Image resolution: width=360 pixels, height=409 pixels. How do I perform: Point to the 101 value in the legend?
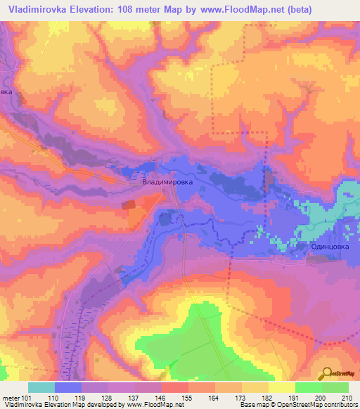click(27, 398)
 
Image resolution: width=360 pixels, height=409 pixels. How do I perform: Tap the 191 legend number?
click(295, 398)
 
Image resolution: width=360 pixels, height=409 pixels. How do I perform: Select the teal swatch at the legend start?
click(41, 387)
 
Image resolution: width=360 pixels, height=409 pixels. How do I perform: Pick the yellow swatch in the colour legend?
click(281, 387)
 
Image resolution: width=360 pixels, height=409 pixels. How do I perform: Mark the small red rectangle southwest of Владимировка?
click(129, 204)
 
